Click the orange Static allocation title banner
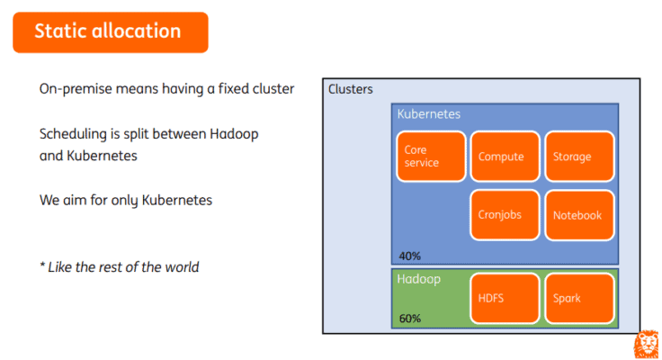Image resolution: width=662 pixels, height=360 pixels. point(110,31)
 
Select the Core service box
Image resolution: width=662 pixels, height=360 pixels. point(431,157)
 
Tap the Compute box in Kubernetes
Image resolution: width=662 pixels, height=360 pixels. point(505,157)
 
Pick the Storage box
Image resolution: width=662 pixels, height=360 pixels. point(579,157)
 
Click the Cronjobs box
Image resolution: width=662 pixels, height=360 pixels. point(505,215)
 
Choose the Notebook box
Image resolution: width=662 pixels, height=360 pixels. point(579,215)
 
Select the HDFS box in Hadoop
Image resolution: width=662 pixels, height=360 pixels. point(505,298)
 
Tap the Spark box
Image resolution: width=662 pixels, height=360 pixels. point(579,298)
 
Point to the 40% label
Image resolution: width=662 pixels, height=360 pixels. point(409,256)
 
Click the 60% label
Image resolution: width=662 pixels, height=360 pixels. point(409,319)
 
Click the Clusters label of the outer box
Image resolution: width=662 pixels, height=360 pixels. point(350,89)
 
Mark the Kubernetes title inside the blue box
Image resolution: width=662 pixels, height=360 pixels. point(429,114)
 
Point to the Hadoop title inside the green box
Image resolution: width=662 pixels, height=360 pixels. point(419,279)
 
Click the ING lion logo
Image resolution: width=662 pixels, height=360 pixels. point(647,346)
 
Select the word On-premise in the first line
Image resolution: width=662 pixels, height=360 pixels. point(76,89)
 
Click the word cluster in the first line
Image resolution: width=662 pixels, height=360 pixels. point(272,89)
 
